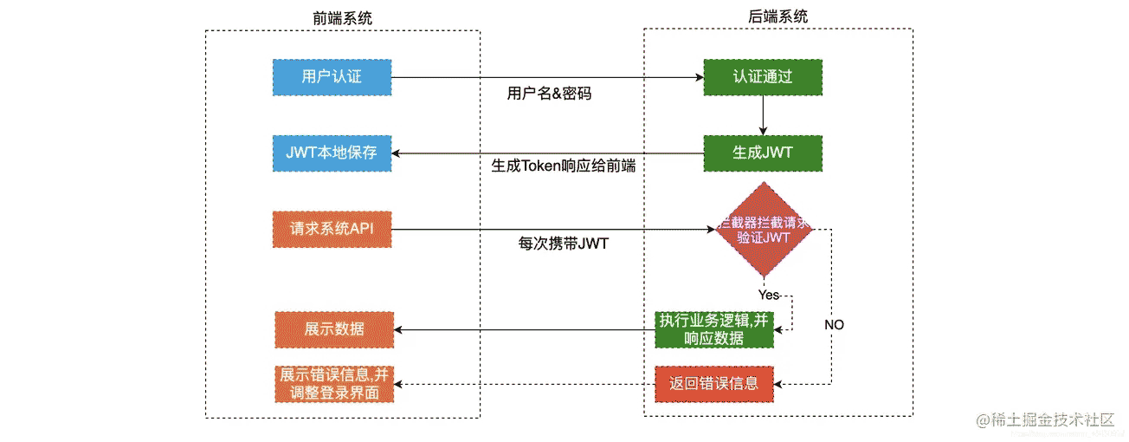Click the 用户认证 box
point(332,77)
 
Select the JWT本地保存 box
point(332,153)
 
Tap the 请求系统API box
point(332,230)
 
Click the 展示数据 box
point(333,329)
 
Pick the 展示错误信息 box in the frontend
point(333,383)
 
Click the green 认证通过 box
point(762,77)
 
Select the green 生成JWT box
point(762,153)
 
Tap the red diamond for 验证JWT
point(762,230)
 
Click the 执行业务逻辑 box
point(713,329)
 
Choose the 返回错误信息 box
point(713,383)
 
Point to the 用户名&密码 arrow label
point(549,94)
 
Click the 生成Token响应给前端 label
point(563,166)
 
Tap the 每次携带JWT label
point(558,244)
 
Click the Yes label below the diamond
point(768,295)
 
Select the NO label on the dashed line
point(834,325)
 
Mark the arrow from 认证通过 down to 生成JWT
point(762,114)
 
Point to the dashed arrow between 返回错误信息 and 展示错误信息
point(524,383)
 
